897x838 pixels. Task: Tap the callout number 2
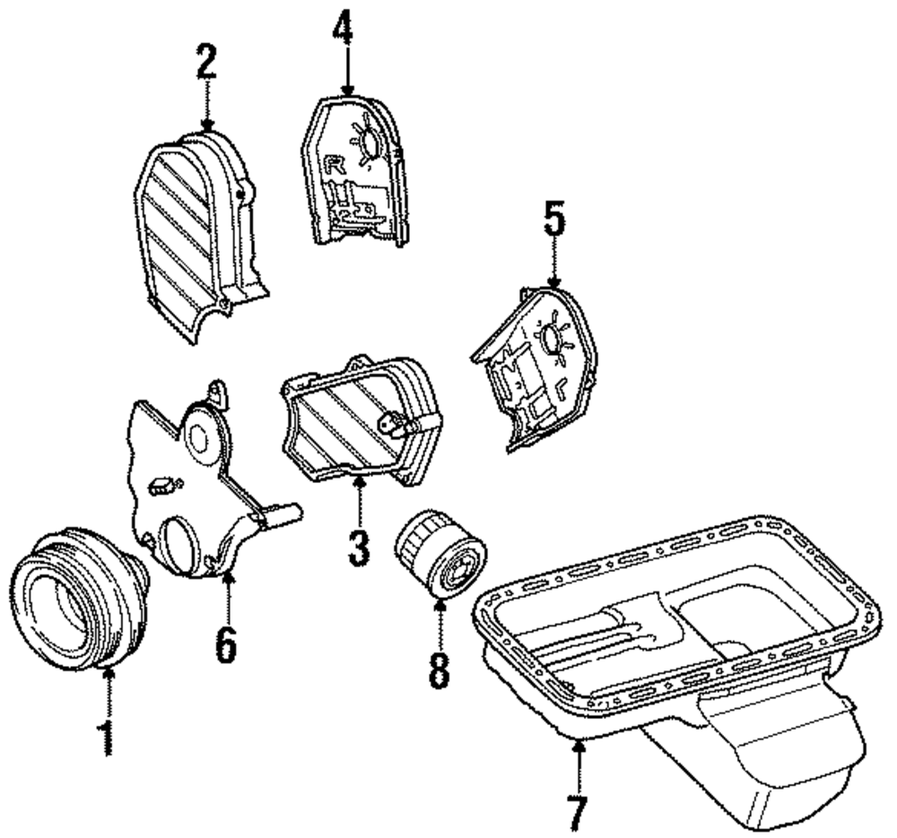point(207,64)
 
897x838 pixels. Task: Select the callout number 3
point(360,543)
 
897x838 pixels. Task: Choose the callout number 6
point(227,643)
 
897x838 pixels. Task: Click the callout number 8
point(439,670)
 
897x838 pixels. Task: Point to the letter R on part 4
point(335,164)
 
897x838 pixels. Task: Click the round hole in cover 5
point(548,337)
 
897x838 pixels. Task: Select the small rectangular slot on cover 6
point(162,486)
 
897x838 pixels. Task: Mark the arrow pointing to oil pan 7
point(579,763)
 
